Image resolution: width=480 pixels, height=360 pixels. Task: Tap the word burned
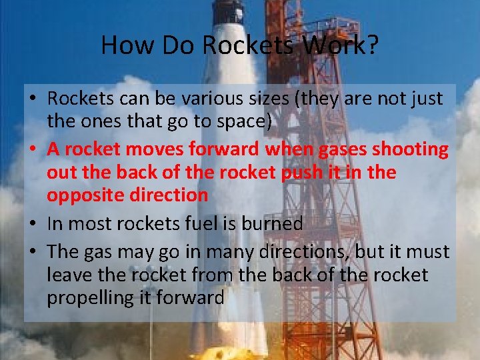pyautogui.click(x=275, y=224)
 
